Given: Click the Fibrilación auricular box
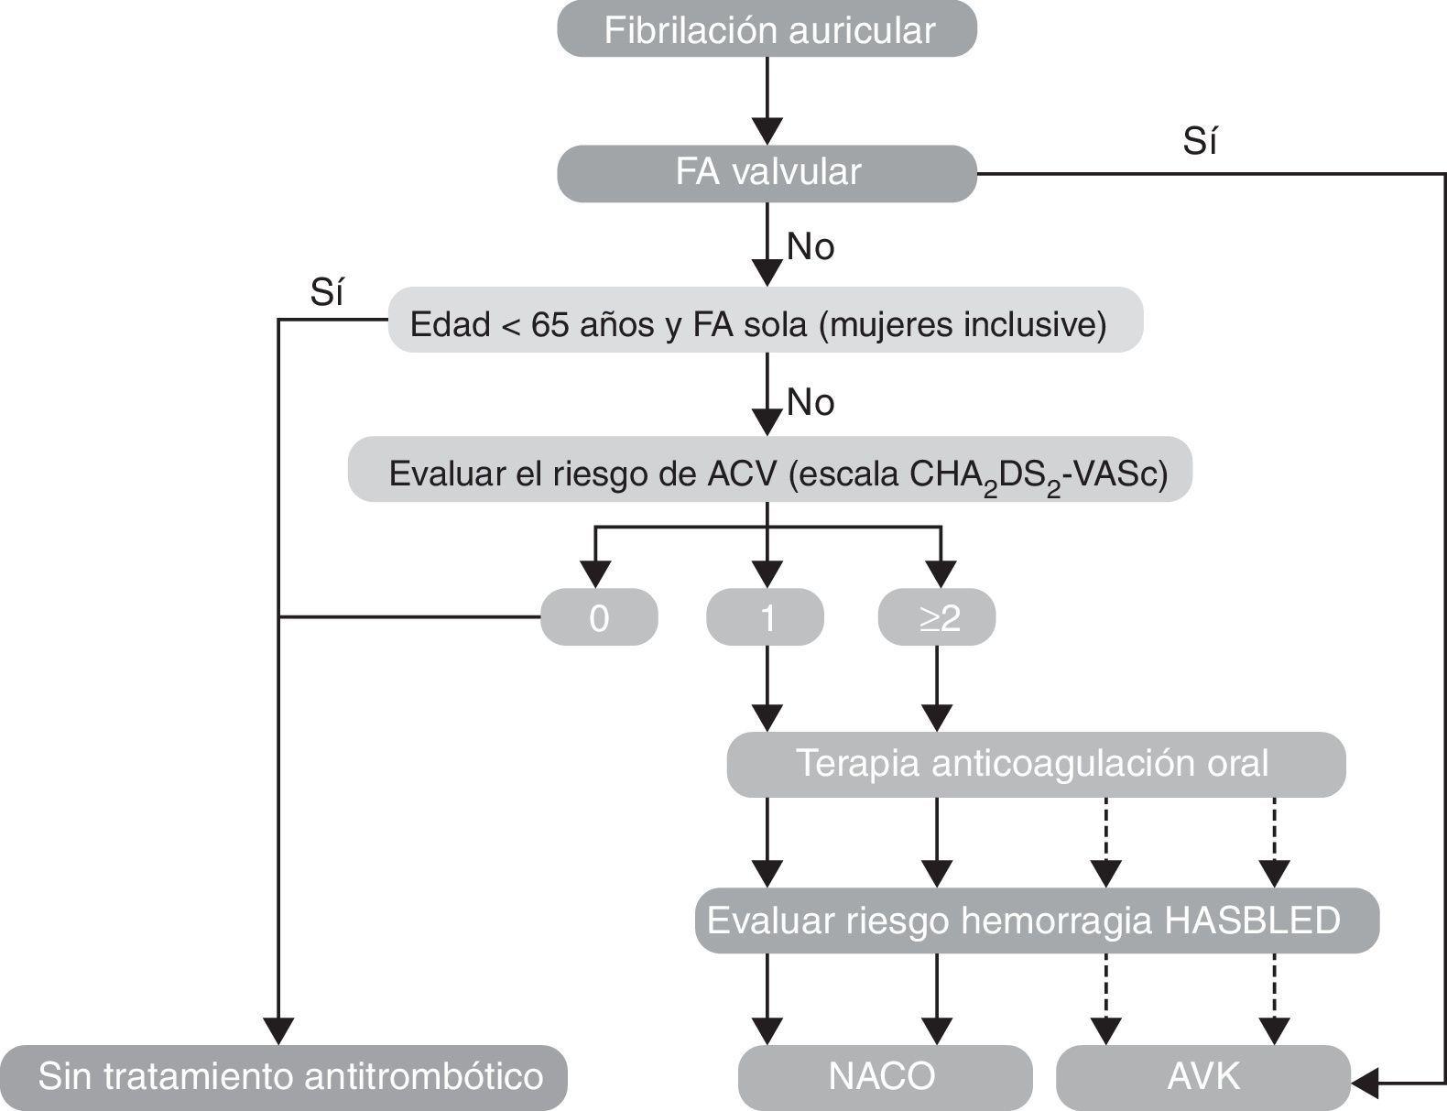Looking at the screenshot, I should [x=767, y=30].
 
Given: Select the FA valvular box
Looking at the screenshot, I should [x=767, y=172].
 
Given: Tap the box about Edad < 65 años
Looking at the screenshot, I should [x=766, y=323].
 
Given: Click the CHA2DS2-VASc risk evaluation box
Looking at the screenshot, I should [x=769, y=473].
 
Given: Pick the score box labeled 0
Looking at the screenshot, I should [x=599, y=618].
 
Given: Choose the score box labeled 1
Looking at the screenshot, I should [x=766, y=618].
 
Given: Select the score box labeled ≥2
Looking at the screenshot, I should [x=937, y=618].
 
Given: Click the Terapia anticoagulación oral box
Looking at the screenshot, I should [x=1036, y=764].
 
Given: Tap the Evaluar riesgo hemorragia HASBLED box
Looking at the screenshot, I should [x=1036, y=920].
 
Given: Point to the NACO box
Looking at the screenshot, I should [x=884, y=1076].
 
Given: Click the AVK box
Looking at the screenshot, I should [x=1202, y=1076].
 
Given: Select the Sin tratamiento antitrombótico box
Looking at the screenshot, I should [x=284, y=1076].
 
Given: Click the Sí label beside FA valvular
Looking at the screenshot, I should [x=1200, y=142].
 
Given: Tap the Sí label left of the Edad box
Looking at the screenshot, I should [x=327, y=293].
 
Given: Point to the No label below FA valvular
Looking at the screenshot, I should [x=811, y=246].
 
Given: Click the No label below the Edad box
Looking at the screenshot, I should [x=811, y=402].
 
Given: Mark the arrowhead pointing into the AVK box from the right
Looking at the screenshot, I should [x=1365, y=1084].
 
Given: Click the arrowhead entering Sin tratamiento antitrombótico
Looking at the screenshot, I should [x=277, y=1031].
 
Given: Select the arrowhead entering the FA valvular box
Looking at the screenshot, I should [x=767, y=132].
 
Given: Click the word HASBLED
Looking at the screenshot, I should [x=1253, y=920].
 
